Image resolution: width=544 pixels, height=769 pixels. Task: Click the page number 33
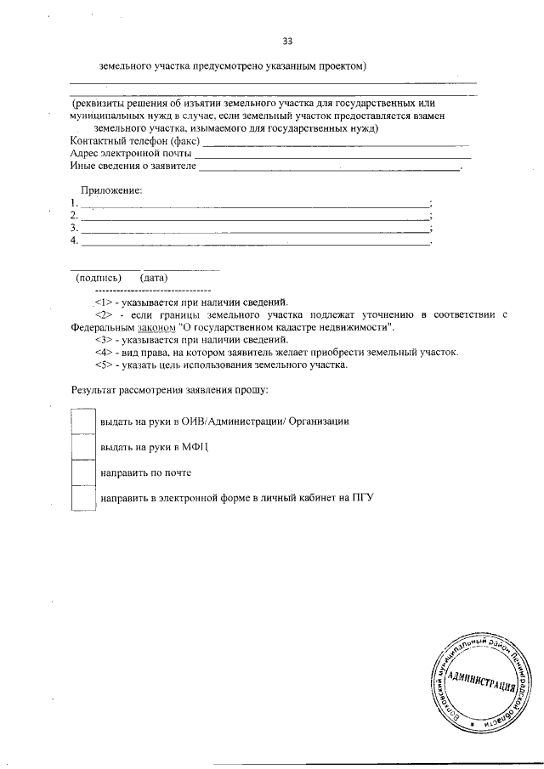[286, 40]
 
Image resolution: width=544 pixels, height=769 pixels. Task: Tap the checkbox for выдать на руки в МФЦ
[83, 446]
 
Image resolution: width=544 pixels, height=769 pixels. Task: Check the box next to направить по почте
[83, 472]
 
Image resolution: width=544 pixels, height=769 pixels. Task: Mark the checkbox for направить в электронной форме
[83, 498]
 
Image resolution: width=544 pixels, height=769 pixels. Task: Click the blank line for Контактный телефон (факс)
[336, 144]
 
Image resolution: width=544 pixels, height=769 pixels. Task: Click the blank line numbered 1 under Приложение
[255, 206]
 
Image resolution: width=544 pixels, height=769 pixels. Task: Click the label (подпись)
[99, 278]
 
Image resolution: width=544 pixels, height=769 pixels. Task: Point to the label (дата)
[155, 278]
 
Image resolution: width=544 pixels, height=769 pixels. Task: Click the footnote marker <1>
[103, 302]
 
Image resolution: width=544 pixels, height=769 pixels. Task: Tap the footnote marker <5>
[103, 365]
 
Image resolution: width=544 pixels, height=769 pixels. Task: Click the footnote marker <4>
[103, 352]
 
